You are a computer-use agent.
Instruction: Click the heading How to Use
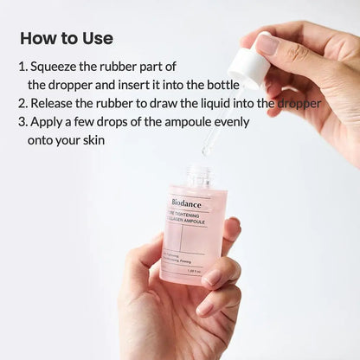click(66, 39)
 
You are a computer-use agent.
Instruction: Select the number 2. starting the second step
click(23, 103)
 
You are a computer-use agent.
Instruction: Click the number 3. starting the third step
click(23, 121)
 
